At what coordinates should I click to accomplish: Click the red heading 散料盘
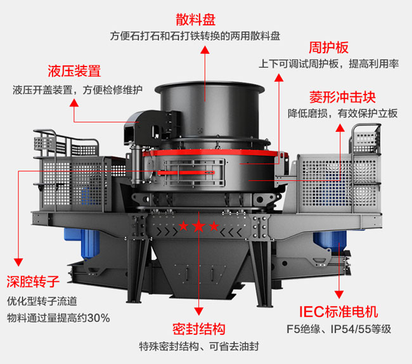pyautogui.click(x=206, y=18)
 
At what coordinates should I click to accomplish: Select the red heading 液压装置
pyautogui.click(x=74, y=70)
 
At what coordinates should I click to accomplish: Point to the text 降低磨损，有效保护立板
pyautogui.click(x=342, y=114)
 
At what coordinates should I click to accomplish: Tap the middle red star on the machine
pyautogui.click(x=198, y=226)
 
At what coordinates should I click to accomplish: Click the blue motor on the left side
pyautogui.click(x=88, y=240)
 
